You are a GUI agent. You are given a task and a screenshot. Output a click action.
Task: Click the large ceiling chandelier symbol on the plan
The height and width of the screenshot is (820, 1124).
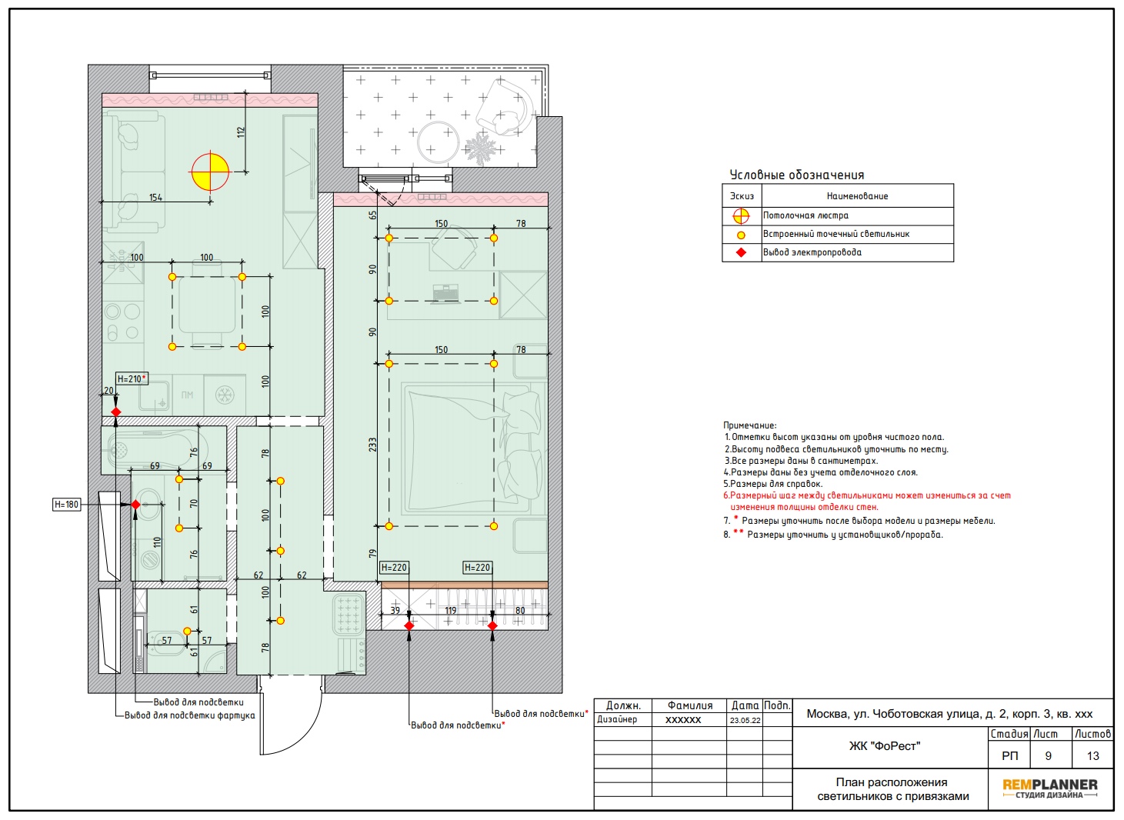[x=210, y=172]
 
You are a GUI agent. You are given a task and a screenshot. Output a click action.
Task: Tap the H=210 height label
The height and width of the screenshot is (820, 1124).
[x=132, y=379]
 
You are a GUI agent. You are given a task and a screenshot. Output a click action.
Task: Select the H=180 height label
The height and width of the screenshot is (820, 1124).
[x=67, y=505]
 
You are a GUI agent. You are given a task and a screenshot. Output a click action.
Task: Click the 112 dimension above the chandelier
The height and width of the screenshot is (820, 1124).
[x=241, y=132]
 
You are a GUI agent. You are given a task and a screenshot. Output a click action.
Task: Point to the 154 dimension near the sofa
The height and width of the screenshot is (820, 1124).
[x=155, y=197]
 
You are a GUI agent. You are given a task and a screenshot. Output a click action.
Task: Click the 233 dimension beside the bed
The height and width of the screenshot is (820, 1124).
[x=372, y=445]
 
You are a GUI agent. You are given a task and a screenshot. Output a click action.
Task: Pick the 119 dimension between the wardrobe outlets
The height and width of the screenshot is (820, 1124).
[x=451, y=610]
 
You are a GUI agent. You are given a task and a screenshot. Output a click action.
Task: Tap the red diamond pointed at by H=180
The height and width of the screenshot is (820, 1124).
[x=135, y=505]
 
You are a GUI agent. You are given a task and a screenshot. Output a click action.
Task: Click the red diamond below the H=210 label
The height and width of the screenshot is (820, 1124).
[x=116, y=412]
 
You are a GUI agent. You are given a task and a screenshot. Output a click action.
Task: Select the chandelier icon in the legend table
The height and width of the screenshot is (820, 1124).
[x=741, y=216]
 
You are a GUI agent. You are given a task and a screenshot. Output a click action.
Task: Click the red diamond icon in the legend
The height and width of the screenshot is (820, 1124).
[x=741, y=252]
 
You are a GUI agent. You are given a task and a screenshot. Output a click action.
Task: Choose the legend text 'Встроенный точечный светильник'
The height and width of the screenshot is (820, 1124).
[x=836, y=234]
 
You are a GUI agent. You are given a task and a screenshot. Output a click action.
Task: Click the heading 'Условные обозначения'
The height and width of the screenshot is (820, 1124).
[x=797, y=175]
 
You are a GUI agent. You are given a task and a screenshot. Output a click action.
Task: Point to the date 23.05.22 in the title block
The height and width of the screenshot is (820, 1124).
[x=745, y=720]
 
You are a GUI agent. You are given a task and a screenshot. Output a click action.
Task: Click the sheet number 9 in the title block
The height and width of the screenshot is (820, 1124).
[x=1049, y=755]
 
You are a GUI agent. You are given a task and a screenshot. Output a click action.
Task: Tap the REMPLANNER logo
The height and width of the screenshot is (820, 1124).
[x=1049, y=788]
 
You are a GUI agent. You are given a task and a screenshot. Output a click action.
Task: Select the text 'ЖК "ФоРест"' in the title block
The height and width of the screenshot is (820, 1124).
[x=885, y=746]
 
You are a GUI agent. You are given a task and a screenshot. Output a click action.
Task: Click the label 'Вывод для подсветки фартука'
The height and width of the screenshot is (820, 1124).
[x=190, y=715]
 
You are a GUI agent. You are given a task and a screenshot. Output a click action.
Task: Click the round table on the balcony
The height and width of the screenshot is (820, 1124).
[x=438, y=142]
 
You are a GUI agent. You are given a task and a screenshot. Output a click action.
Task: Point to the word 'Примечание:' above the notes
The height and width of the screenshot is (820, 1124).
[x=749, y=425]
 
